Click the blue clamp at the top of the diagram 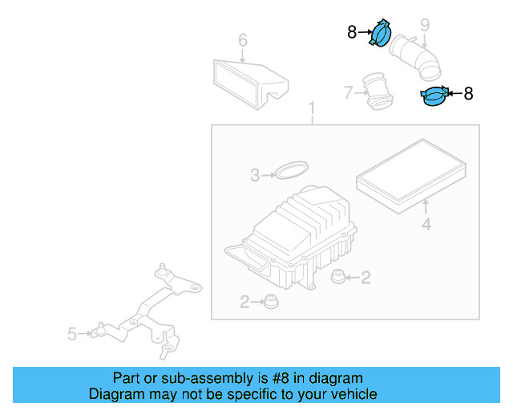pyautogui.click(x=380, y=33)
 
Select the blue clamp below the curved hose pyautogui.click(x=434, y=96)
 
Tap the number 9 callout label pyautogui.click(x=425, y=25)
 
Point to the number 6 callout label pyautogui.click(x=243, y=40)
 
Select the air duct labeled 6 pyautogui.click(x=251, y=84)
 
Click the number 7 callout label pyautogui.click(x=348, y=93)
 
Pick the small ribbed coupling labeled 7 pyautogui.click(x=378, y=92)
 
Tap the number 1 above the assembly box pyautogui.click(x=312, y=108)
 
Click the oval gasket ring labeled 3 pyautogui.click(x=292, y=169)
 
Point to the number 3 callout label pyautogui.click(x=255, y=175)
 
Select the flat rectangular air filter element pyautogui.click(x=411, y=176)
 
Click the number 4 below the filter pyautogui.click(x=426, y=225)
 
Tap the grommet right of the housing pyautogui.click(x=337, y=277)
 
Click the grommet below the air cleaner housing pyautogui.click(x=271, y=302)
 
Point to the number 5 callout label pyautogui.click(x=71, y=334)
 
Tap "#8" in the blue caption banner pyautogui.click(x=281, y=379)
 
